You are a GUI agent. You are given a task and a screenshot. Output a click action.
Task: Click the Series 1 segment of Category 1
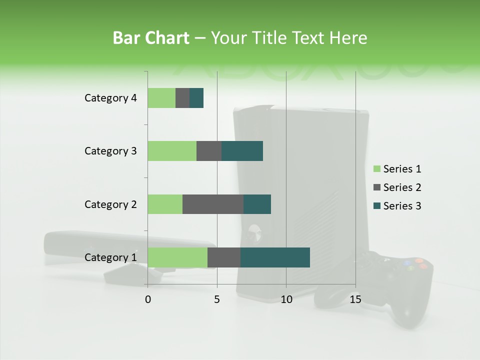click(x=177, y=257)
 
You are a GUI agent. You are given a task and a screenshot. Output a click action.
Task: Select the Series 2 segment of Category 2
click(x=213, y=204)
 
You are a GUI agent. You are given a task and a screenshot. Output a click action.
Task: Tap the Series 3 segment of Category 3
click(x=242, y=151)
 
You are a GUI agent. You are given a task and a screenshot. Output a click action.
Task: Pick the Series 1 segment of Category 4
click(x=161, y=98)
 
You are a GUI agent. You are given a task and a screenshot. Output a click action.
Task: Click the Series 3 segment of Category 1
click(x=275, y=257)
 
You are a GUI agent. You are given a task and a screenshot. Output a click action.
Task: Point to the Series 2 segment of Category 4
click(x=182, y=98)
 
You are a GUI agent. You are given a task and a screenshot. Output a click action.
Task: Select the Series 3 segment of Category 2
click(x=257, y=204)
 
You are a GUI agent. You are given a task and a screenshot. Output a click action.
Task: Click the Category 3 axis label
click(x=110, y=151)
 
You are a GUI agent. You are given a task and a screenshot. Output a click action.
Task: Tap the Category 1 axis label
click(x=110, y=257)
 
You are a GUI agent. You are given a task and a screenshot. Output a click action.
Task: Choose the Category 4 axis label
click(x=110, y=98)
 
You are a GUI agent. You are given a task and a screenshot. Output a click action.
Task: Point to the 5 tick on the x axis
click(x=217, y=299)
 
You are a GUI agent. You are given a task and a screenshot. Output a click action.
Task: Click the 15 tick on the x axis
click(x=355, y=299)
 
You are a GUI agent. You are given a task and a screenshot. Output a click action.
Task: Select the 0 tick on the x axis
click(x=148, y=299)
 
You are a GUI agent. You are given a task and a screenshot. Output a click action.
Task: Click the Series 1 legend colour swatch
click(x=377, y=169)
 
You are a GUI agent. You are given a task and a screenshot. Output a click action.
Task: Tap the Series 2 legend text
click(x=402, y=187)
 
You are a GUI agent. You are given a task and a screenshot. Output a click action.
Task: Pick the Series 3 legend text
click(x=402, y=206)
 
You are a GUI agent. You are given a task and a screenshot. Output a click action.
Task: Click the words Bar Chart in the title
click(x=151, y=37)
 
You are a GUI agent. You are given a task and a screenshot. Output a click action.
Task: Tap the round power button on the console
click(x=254, y=231)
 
